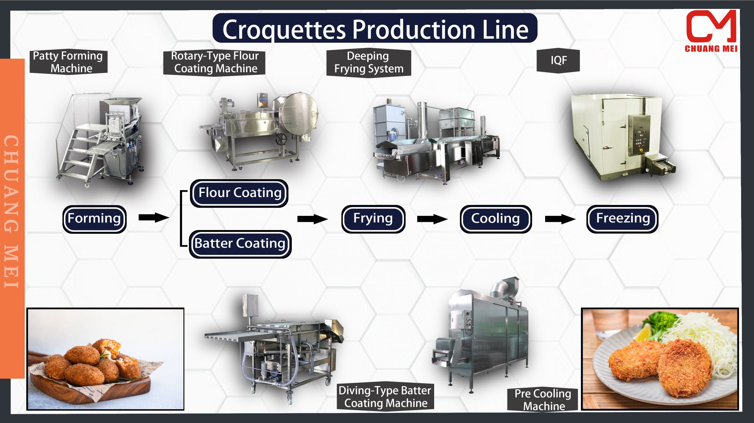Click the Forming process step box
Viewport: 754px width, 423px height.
(94, 219)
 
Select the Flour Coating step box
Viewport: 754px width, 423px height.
(239, 193)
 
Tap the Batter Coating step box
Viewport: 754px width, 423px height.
(240, 244)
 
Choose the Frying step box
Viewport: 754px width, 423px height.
(373, 219)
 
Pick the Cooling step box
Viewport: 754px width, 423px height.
(495, 219)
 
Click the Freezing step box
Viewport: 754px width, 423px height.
(622, 219)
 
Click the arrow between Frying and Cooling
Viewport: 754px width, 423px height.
(432, 219)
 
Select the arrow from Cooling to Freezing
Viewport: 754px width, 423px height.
(560, 219)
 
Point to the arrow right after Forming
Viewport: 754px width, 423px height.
(154, 217)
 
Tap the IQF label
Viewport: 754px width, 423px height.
(558, 61)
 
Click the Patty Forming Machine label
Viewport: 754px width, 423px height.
(68, 62)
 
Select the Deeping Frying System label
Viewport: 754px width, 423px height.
(369, 63)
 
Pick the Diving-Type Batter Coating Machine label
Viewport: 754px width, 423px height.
(385, 397)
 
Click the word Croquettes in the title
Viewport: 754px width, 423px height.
(284, 30)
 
